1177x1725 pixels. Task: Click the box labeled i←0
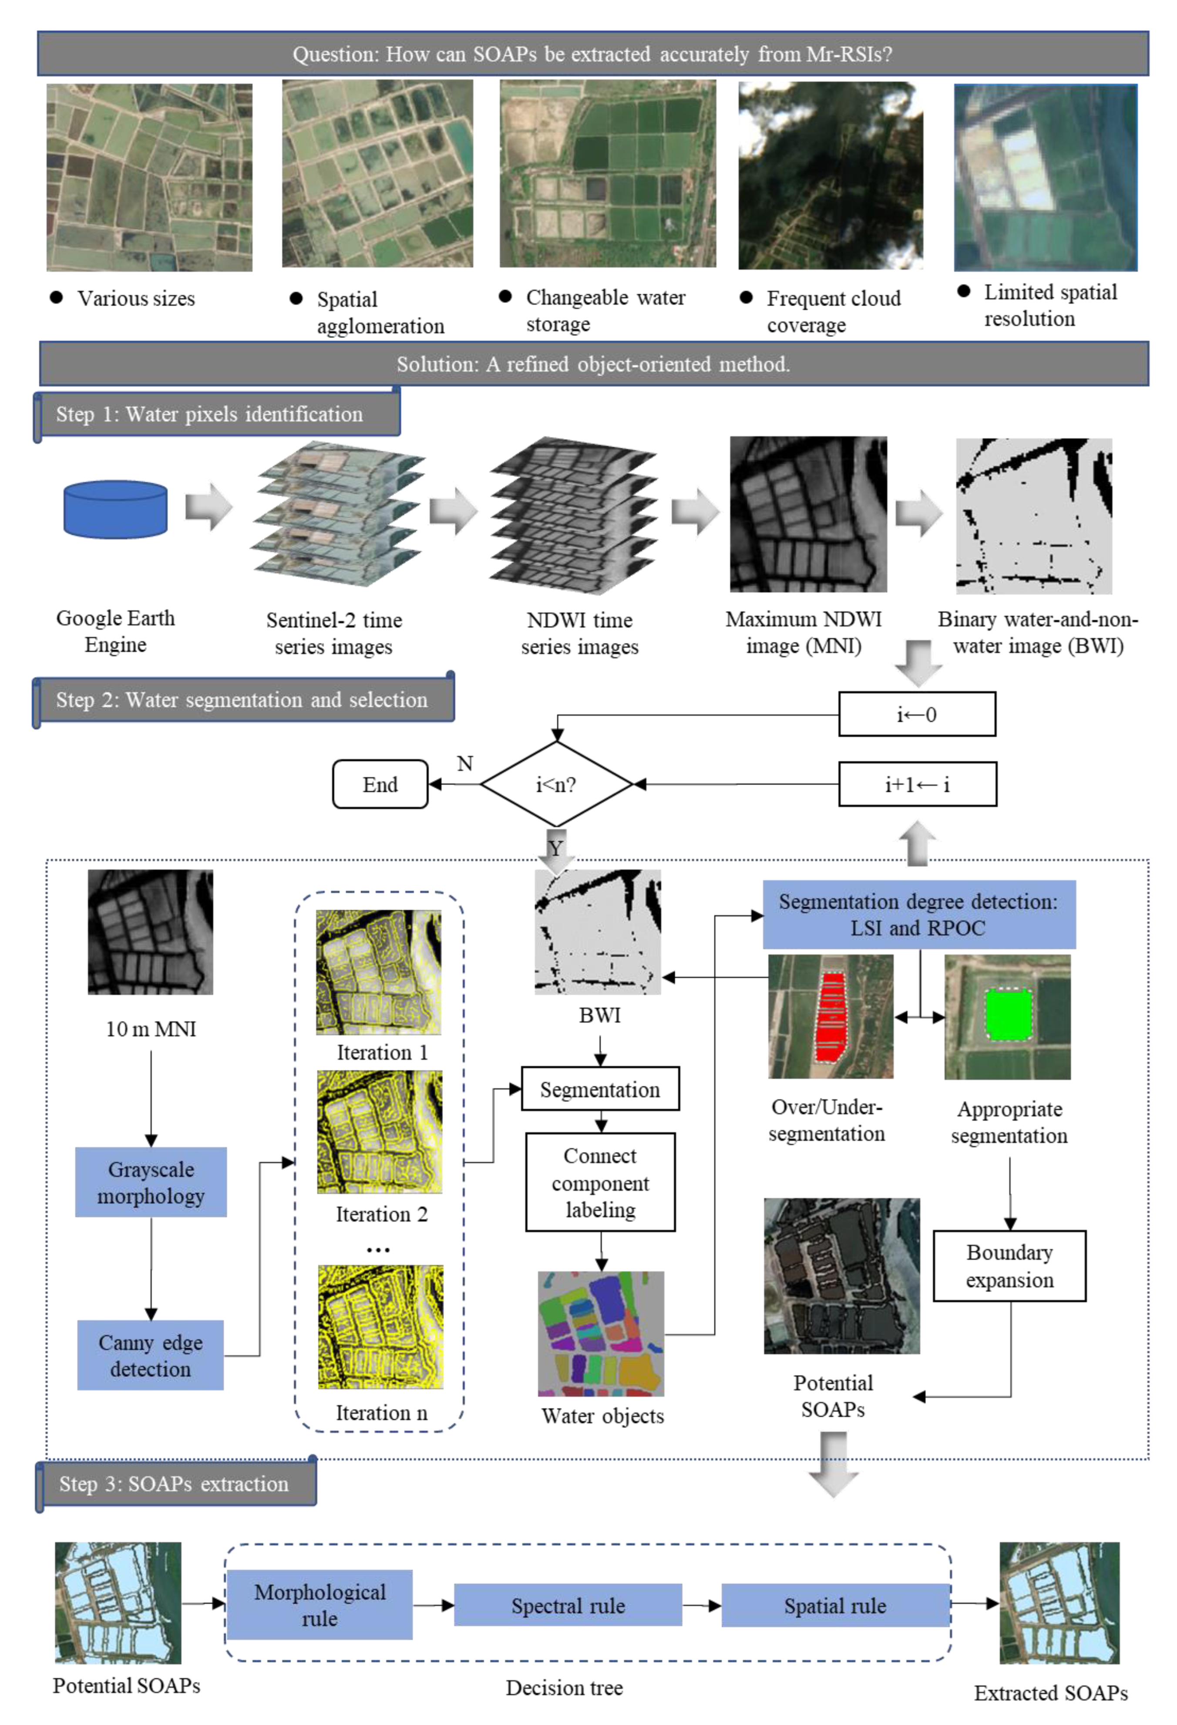[x=917, y=714]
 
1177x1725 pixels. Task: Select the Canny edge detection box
[x=151, y=1355]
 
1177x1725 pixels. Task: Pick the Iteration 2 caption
[x=381, y=1214]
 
